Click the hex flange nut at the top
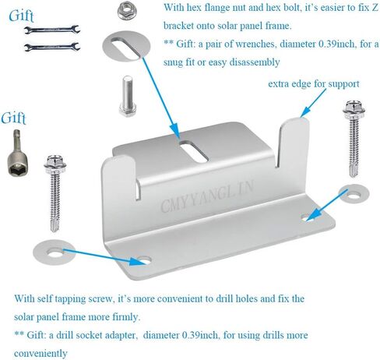127,12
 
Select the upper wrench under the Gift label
52,30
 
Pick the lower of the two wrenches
52,47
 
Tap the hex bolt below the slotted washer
128,96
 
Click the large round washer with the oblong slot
126,46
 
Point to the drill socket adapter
18,153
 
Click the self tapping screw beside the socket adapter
55,193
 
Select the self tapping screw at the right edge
354,139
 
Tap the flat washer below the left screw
55,252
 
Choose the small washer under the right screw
354,193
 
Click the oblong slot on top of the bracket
194,152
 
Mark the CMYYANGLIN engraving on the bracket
207,196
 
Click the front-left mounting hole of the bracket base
144,260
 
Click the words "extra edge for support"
314,84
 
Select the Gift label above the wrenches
21,16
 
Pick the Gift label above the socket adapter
13,118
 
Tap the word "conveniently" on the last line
40,354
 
